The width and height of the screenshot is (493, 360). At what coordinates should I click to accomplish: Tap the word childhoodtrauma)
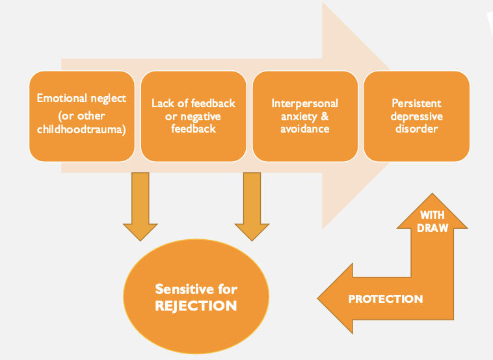click(x=81, y=129)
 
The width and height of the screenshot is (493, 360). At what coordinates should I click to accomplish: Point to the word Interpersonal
click(x=304, y=103)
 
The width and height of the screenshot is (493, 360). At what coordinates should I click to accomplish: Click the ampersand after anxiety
click(x=325, y=116)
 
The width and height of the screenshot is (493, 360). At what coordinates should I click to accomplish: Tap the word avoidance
click(x=304, y=129)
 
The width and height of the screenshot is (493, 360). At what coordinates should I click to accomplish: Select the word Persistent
click(x=417, y=103)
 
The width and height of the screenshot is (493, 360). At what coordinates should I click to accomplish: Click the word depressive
click(x=417, y=116)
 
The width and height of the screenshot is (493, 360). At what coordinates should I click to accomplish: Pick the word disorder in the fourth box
click(x=417, y=129)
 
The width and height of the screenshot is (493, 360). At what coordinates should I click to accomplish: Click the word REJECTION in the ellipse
click(x=196, y=306)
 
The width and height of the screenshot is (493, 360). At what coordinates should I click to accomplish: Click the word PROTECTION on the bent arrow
click(x=386, y=299)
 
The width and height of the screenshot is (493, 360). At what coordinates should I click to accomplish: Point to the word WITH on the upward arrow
click(x=433, y=215)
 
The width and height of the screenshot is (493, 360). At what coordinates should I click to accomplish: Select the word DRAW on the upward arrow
click(x=433, y=227)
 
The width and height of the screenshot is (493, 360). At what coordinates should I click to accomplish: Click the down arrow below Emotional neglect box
click(x=140, y=207)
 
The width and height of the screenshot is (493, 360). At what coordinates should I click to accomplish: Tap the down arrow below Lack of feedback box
click(x=252, y=207)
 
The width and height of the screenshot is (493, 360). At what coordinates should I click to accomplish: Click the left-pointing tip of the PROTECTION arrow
click(x=317, y=298)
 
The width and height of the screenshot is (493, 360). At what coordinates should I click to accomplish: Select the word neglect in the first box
click(x=109, y=99)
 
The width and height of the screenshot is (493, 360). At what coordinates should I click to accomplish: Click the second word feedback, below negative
click(x=193, y=129)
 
